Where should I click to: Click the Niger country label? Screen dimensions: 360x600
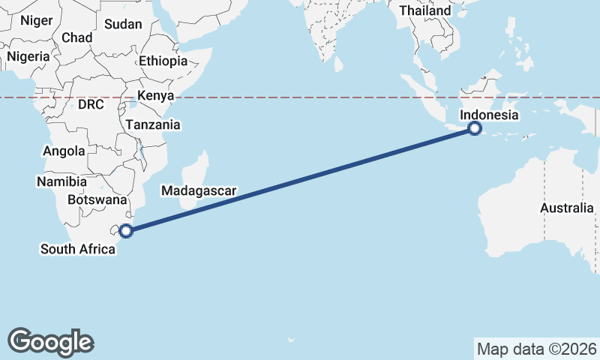click(x=37, y=20)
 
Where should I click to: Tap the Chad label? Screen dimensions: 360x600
click(x=77, y=37)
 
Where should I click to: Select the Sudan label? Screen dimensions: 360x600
click(x=123, y=24)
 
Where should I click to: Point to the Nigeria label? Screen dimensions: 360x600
click(x=28, y=56)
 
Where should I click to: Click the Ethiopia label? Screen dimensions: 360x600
click(x=163, y=61)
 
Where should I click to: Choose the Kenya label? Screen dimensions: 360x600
click(x=155, y=95)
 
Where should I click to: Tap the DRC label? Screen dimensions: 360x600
click(x=91, y=104)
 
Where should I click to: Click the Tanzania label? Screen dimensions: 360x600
click(x=153, y=124)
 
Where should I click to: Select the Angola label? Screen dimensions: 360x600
click(x=64, y=151)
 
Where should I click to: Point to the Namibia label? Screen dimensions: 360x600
click(x=59, y=181)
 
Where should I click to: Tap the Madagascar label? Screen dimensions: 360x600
click(x=199, y=191)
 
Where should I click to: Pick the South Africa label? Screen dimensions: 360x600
click(x=78, y=248)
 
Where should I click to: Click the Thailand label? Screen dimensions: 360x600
click(x=425, y=10)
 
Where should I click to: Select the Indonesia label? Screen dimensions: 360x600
click(x=489, y=115)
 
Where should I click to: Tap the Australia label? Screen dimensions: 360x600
click(x=566, y=208)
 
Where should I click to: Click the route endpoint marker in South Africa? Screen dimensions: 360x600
click(x=126, y=230)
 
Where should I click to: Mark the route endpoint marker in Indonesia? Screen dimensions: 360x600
click(x=474, y=128)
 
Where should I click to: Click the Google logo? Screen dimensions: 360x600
click(x=50, y=341)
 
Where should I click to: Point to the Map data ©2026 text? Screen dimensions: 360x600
click(x=537, y=349)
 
